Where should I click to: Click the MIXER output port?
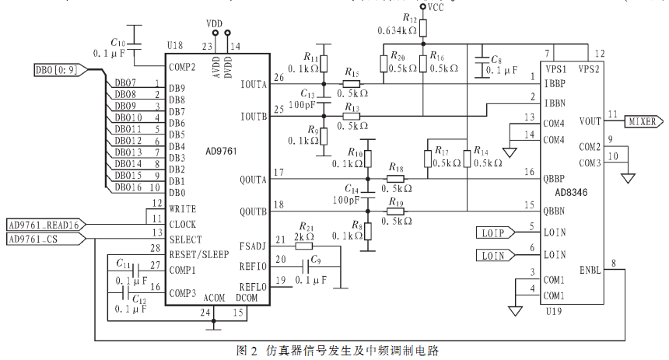click(644, 121)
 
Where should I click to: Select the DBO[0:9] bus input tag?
click(61, 70)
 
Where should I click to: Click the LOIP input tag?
click(496, 233)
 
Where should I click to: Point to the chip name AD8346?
click(571, 192)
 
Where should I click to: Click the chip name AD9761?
click(221, 152)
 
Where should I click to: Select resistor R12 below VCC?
click(423, 29)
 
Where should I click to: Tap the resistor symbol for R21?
click(304, 246)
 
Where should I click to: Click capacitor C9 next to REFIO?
click(306, 267)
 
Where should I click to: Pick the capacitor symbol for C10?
click(135, 47)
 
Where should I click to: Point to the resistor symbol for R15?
click(351, 84)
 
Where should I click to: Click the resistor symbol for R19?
click(395, 211)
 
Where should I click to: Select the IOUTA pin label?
click(254, 85)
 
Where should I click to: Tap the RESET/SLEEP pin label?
click(199, 255)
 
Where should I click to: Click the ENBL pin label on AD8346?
click(590, 270)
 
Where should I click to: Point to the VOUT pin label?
click(590, 121)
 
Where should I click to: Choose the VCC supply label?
click(436, 7)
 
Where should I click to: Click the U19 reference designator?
click(554, 311)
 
